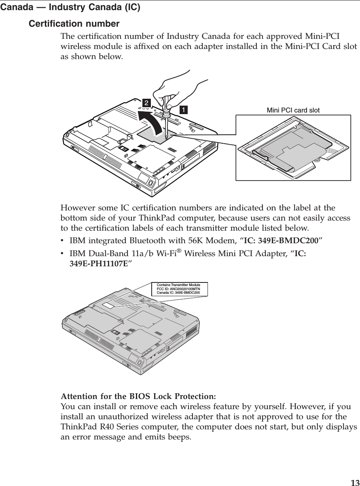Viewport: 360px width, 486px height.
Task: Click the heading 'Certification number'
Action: [74, 23]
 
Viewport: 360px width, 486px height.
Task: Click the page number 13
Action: [354, 482]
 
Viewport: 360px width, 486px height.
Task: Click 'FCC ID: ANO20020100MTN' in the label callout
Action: [181, 289]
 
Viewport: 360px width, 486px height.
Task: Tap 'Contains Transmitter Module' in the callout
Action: [181, 285]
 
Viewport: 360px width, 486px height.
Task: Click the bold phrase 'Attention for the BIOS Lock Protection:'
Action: [138, 395]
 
